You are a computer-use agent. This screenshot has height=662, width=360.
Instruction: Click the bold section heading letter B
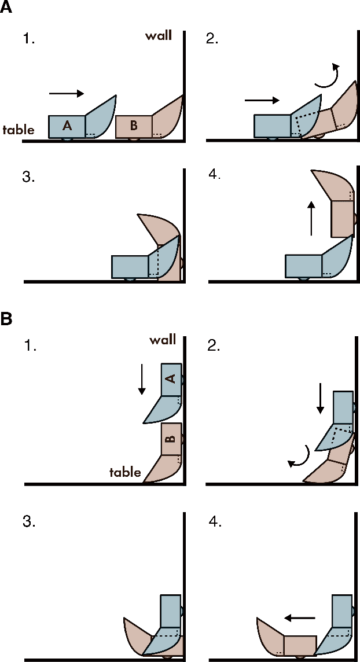coord(7,319)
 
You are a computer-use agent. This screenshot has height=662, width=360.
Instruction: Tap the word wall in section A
coord(158,36)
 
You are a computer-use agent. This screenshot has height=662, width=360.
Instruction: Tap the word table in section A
coord(19,130)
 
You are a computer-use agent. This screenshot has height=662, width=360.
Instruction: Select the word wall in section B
coord(162,340)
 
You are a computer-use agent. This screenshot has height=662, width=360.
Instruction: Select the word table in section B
coord(126,472)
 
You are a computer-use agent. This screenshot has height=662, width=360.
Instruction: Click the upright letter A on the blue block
coord(67,126)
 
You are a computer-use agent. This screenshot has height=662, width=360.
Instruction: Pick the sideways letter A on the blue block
coord(170,378)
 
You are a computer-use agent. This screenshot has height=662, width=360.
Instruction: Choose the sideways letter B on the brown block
coord(170,438)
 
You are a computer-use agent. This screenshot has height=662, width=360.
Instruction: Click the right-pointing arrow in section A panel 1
coord(67,93)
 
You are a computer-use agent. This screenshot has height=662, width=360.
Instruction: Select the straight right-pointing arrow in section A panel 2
coord(262,100)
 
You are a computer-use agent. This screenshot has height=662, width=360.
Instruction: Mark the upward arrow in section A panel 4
coord(311,218)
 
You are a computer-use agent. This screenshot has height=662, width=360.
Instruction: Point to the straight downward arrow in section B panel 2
coord(319,400)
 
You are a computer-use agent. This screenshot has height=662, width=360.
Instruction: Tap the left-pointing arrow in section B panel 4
coord(299,618)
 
